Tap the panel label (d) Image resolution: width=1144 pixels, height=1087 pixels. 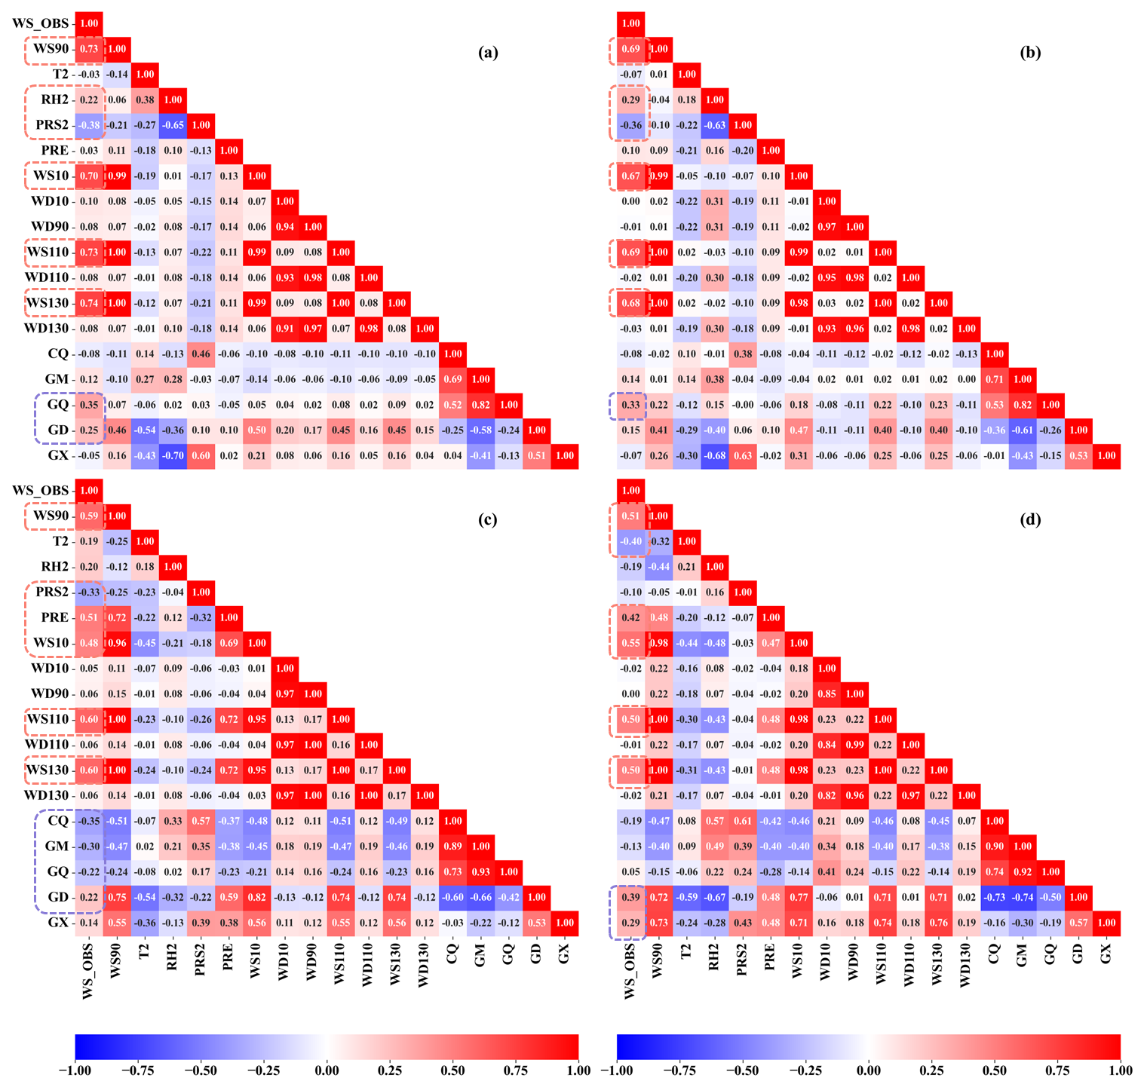point(1030,519)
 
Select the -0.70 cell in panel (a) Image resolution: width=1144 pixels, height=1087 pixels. point(173,455)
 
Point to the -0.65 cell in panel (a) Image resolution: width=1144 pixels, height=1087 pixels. point(173,125)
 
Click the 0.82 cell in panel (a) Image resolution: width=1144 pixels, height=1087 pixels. point(480,405)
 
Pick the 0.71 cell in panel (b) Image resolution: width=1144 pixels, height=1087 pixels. point(995,379)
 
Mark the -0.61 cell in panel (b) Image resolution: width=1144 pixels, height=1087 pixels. point(1023,430)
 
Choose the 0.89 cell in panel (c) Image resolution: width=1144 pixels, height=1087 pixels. point(452,847)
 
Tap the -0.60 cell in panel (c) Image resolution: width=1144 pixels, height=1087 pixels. point(452,897)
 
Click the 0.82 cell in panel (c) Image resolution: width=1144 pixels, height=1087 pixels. point(256,897)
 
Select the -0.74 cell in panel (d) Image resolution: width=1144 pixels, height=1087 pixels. point(1023,897)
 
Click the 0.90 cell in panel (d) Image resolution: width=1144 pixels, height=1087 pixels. point(995,847)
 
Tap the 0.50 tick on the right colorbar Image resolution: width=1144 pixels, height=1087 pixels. point(995,1070)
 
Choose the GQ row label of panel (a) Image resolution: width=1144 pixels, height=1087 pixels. point(58,405)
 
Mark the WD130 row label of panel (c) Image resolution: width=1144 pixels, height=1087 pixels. point(46,795)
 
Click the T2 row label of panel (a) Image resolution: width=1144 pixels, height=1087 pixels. point(60,74)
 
